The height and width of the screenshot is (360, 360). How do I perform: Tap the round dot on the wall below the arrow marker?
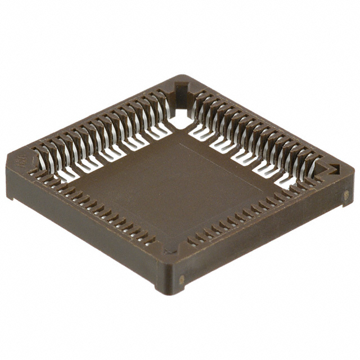[x=346, y=196]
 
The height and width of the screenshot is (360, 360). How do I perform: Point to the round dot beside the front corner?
[x=181, y=280]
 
